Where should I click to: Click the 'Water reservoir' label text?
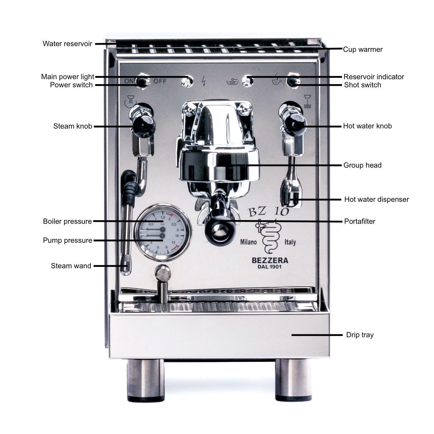click(x=67, y=44)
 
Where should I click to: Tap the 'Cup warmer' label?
click(x=363, y=49)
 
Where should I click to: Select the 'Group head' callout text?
click(x=362, y=165)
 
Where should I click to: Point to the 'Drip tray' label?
click(x=360, y=335)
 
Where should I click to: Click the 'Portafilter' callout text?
click(x=359, y=221)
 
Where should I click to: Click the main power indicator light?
click(x=187, y=81)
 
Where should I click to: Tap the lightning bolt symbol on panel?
click(x=204, y=81)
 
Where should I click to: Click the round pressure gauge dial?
click(x=162, y=233)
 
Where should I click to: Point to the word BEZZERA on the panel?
click(x=270, y=260)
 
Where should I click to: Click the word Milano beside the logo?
click(x=248, y=242)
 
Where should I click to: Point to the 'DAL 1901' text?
click(x=269, y=267)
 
